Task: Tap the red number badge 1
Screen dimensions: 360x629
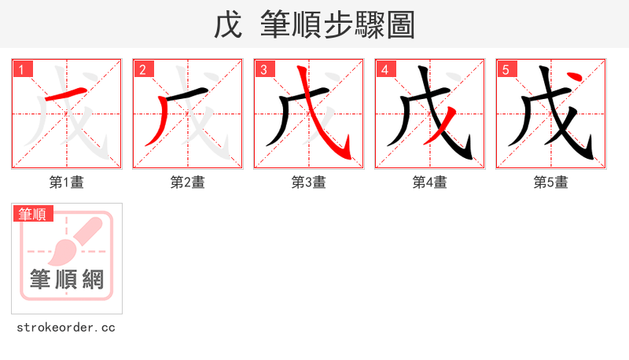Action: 20,70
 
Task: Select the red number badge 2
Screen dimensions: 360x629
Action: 142,70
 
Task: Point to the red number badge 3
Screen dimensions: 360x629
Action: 263,70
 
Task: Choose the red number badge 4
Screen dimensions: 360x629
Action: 384,70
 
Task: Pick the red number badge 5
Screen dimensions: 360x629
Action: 505,70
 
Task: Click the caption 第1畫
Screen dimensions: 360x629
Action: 67,182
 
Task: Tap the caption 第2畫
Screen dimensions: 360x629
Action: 188,182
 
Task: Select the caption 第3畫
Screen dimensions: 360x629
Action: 309,182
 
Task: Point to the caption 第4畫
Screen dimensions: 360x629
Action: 430,182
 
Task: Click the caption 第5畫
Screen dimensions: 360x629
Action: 551,182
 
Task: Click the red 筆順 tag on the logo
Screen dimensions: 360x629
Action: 32,214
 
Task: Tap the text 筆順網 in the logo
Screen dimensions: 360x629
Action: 67,278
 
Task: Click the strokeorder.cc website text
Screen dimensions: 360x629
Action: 66,327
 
